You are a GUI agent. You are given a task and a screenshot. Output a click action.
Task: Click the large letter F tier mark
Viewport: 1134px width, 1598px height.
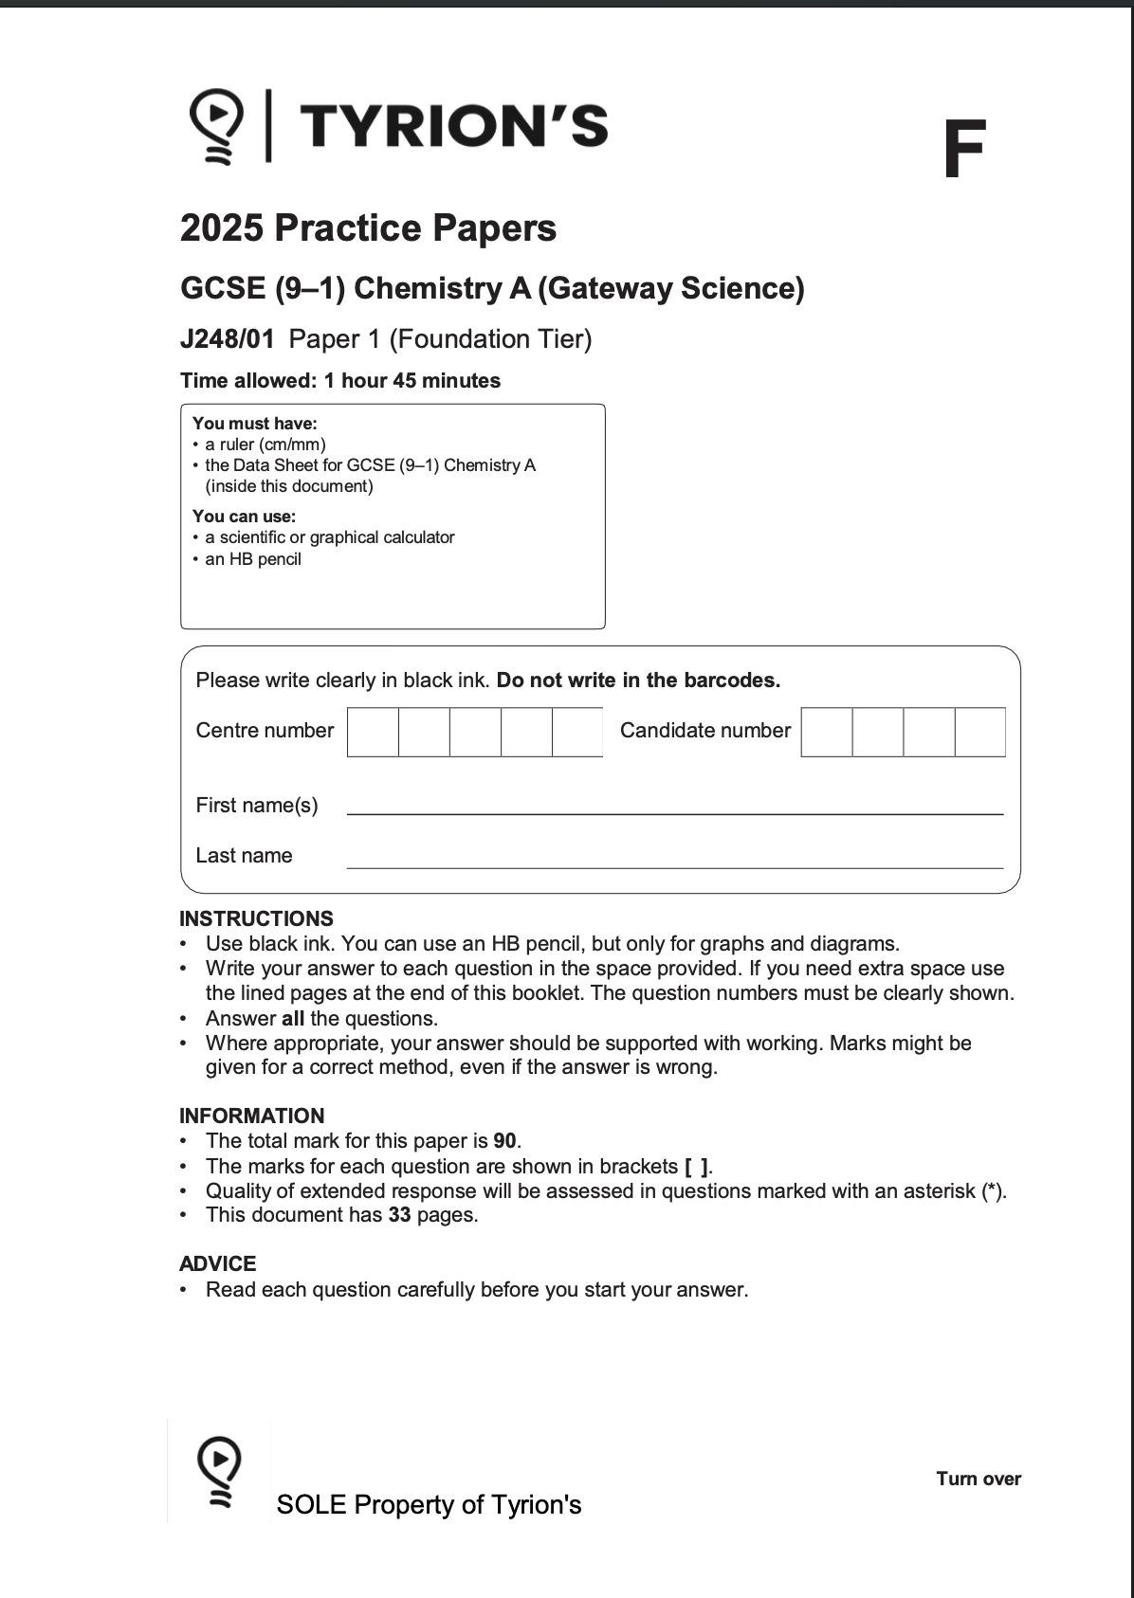[964, 150]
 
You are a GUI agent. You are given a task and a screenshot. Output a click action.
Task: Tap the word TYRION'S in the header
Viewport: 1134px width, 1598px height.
[454, 127]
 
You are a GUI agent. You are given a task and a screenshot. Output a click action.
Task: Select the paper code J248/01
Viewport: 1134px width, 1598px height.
[228, 339]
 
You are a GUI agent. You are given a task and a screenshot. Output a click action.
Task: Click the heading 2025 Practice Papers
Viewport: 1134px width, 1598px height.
[368, 228]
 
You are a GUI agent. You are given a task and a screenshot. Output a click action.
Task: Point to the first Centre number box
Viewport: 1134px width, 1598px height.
[373, 732]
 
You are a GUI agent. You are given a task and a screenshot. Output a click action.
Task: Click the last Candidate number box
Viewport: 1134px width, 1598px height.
[979, 732]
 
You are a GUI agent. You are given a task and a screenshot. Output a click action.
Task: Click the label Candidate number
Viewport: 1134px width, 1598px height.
[704, 731]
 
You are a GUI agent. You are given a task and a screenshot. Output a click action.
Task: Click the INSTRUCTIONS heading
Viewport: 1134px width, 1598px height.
[256, 918]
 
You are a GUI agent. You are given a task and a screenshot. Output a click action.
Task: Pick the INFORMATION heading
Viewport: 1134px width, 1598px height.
[251, 1116]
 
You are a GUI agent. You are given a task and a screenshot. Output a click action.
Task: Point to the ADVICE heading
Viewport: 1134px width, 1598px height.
[217, 1263]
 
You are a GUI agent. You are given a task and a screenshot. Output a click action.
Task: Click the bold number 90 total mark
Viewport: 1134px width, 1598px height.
[504, 1140]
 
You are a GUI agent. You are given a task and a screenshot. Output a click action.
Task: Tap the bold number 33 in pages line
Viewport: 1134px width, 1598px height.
[399, 1215]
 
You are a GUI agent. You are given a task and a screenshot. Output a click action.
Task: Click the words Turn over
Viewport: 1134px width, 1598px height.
[978, 1479]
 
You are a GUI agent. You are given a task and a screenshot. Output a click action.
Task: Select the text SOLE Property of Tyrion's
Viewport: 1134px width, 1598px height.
[429, 1505]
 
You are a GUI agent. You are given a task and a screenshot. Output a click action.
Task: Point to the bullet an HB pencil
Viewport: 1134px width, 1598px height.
[252, 559]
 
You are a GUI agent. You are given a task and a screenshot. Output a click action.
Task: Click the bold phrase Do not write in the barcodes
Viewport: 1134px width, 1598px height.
[638, 681]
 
